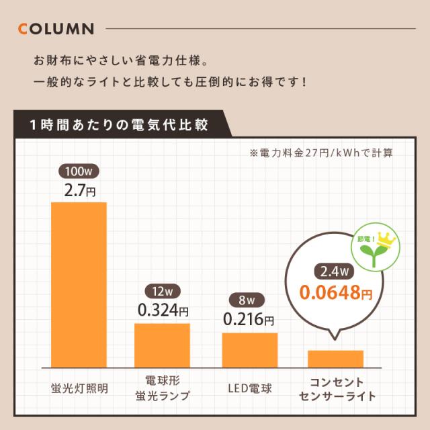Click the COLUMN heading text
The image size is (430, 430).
pos(56,30)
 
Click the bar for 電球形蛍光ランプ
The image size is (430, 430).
pos(162,345)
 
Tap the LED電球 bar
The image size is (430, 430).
pos(249,349)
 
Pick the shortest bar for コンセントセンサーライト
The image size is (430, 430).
pos(335,358)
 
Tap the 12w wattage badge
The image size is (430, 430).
pos(162,292)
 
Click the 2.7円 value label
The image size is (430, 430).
pos(79,191)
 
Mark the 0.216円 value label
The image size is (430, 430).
pos(248,319)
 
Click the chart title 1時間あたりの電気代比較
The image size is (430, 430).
pos(118,125)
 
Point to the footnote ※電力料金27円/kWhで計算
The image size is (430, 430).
pos(321,153)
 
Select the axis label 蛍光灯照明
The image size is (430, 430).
pos(79,388)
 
